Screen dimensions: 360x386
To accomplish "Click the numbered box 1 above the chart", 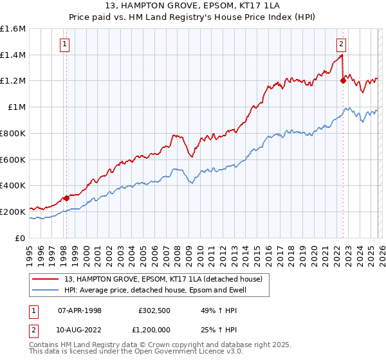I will [x=66, y=44].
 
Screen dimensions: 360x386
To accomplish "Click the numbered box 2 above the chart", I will [x=341, y=44].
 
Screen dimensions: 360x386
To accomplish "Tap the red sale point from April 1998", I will [x=66, y=198].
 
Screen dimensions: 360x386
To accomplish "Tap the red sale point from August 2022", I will [x=343, y=81].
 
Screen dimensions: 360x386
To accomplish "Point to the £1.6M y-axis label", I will [x=13, y=29].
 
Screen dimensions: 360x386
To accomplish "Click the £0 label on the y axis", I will [x=21, y=238].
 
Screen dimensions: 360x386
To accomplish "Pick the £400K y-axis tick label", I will [x=13, y=186].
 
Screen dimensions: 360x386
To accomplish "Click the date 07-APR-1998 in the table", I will [x=80, y=310].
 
